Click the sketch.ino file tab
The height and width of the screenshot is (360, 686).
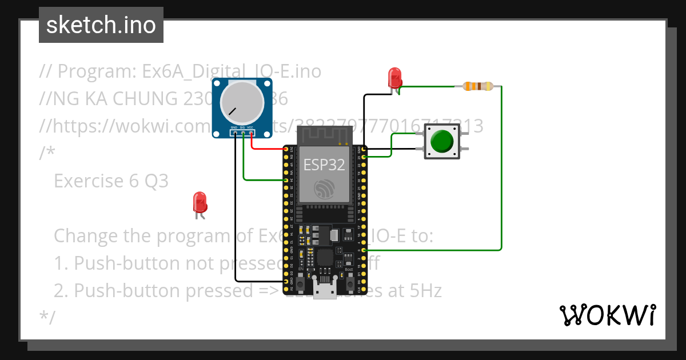[x=101, y=25]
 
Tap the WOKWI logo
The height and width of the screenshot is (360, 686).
[x=607, y=315]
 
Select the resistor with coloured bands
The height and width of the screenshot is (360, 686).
[x=478, y=86]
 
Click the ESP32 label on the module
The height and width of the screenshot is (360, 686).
[x=324, y=165]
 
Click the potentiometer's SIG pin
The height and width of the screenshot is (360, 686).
[x=243, y=134]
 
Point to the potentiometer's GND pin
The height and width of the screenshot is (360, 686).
[x=234, y=134]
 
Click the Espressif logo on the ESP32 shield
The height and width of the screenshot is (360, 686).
[x=324, y=189]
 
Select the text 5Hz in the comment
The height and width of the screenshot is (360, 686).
[x=426, y=291]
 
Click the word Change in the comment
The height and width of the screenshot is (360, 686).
[x=88, y=235]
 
